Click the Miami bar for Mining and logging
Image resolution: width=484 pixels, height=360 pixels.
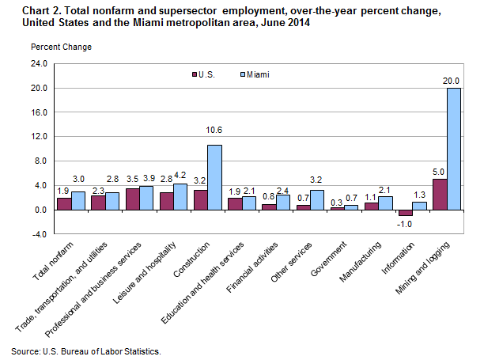pos(454,149)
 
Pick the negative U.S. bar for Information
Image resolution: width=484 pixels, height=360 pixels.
pos(405,213)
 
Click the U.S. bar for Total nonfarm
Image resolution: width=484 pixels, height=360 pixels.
pos(64,204)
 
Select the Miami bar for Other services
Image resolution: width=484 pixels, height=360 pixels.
pos(316,200)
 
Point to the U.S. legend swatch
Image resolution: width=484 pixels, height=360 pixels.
pos(191,74)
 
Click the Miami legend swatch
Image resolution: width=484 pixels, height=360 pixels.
pos(242,74)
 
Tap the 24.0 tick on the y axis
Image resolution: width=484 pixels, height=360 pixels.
pos(39,63)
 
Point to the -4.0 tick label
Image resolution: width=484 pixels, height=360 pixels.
pos(39,234)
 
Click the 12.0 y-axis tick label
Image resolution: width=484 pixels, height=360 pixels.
pos(39,137)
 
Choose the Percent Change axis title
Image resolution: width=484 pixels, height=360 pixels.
pos(61,47)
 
